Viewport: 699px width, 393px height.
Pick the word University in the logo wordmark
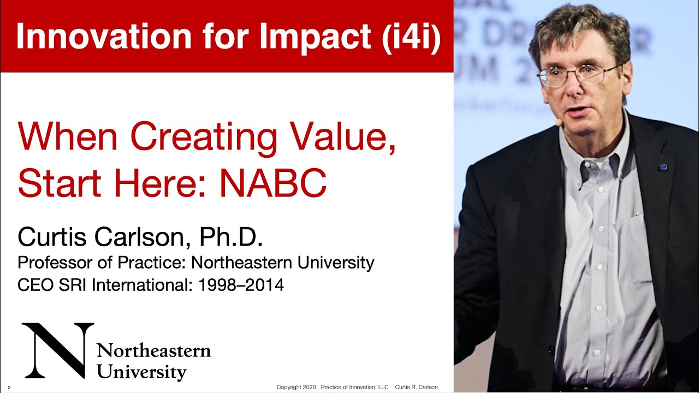(x=141, y=372)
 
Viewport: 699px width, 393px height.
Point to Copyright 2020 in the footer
(x=297, y=387)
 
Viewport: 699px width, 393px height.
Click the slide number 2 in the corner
(x=9, y=388)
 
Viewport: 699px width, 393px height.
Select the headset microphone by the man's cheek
(x=559, y=123)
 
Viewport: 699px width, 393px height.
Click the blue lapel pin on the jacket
(x=663, y=166)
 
